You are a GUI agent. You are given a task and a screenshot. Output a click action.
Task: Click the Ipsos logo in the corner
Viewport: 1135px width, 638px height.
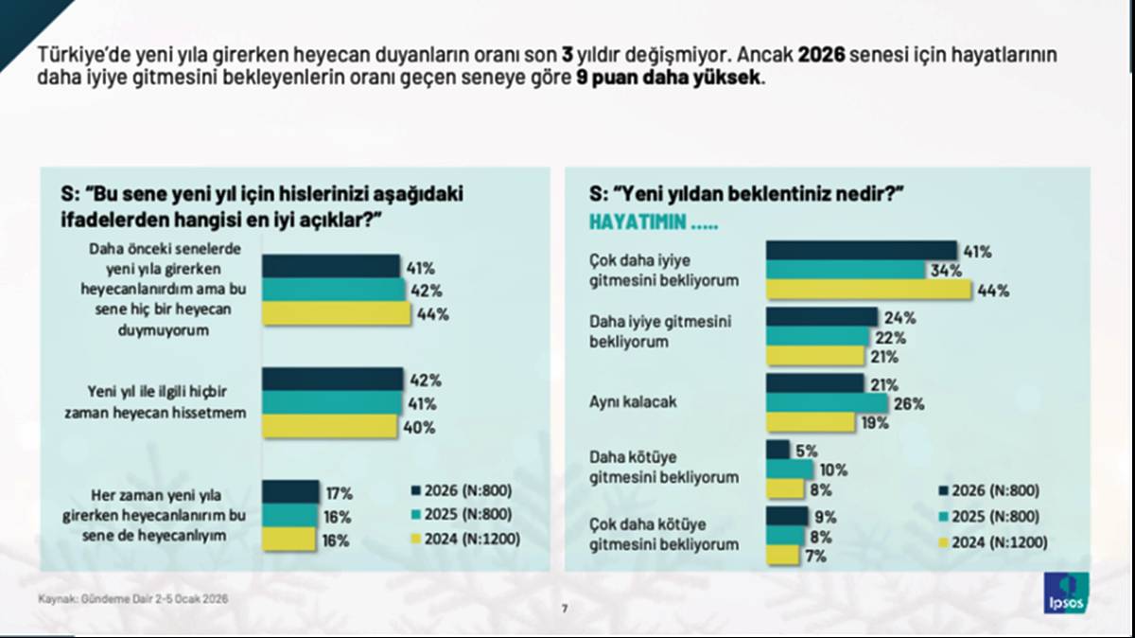pos(1066,593)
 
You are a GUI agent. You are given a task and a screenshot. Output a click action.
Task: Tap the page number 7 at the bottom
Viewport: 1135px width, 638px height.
pos(565,609)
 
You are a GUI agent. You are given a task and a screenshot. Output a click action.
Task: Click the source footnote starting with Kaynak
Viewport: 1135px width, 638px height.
pos(133,599)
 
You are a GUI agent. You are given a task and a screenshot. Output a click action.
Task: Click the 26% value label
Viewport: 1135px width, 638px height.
pos(909,404)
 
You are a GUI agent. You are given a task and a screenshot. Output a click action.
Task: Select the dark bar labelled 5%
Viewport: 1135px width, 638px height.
pos(777,450)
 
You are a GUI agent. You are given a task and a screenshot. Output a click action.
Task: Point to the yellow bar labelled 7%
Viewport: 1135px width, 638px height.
pos(782,556)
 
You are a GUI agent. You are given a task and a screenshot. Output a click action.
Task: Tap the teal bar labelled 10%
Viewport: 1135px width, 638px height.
pos(789,470)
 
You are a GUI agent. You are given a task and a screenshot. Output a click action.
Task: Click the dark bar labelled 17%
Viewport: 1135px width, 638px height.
pos(290,492)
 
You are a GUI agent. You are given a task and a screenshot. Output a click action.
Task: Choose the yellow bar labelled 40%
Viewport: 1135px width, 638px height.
pos(330,427)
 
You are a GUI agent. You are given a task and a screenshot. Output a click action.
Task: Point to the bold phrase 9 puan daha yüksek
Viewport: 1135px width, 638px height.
pos(668,80)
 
